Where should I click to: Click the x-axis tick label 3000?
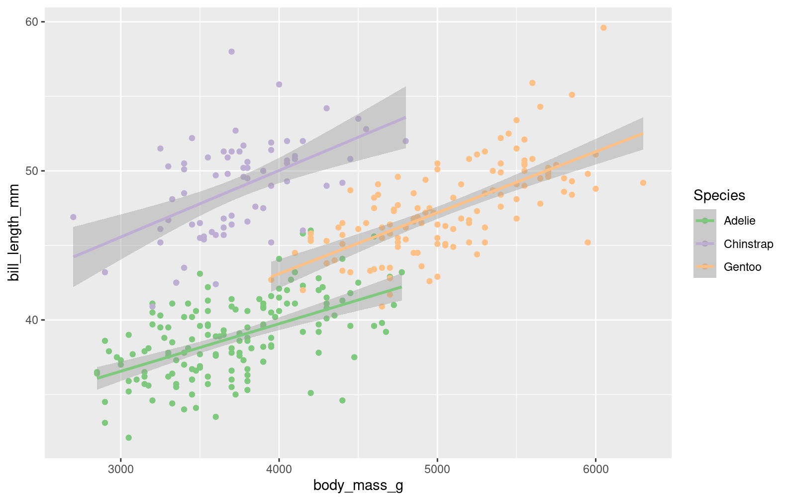(x=120, y=469)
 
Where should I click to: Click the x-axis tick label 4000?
(x=279, y=469)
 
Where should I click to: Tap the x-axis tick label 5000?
(x=437, y=469)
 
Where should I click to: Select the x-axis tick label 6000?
(x=595, y=469)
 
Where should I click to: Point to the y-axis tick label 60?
(x=32, y=22)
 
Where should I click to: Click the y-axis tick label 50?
(x=32, y=171)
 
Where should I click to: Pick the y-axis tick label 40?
(x=32, y=320)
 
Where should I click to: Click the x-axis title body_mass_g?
(x=358, y=486)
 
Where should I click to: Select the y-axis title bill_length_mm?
(x=14, y=232)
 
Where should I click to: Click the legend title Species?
(x=719, y=195)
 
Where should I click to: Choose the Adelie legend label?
(x=739, y=221)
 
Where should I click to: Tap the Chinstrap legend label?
(x=748, y=244)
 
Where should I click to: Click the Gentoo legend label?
(x=742, y=267)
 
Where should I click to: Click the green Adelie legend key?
(x=704, y=221)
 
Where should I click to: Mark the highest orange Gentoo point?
(x=603, y=28)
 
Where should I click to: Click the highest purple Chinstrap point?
(x=231, y=52)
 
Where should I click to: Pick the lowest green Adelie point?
(x=128, y=438)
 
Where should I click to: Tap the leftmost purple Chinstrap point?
(x=73, y=217)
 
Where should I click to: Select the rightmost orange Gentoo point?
(x=643, y=183)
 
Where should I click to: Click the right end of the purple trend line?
(x=405, y=117)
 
